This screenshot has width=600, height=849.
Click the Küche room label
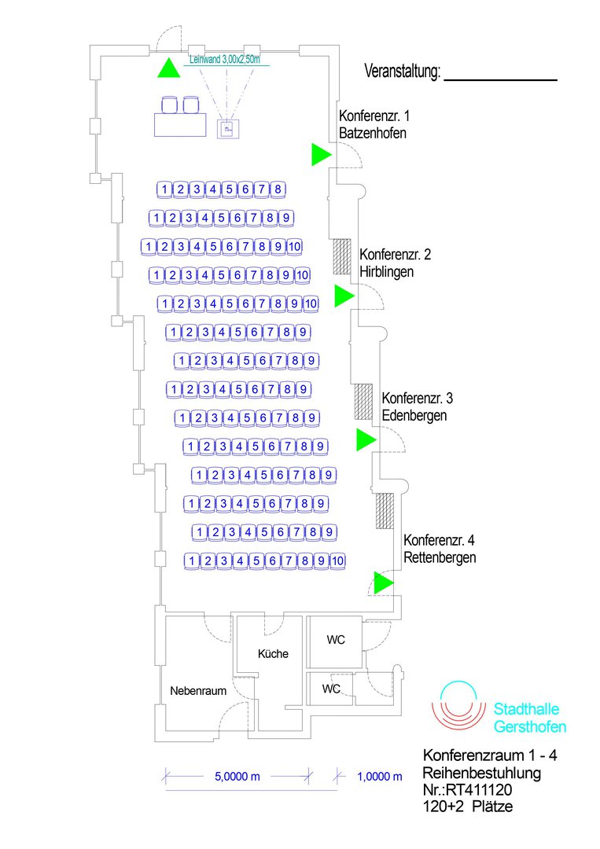273,653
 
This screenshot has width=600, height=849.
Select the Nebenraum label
198,691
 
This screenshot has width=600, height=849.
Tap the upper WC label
336,640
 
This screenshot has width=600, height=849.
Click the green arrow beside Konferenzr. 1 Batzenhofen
319,155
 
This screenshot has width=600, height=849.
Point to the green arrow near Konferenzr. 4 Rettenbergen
382,583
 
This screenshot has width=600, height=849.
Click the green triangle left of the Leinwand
167,68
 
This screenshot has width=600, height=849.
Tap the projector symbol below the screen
227,129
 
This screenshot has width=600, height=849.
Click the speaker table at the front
180,124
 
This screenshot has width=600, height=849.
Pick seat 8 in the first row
278,189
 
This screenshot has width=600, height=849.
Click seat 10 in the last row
337,560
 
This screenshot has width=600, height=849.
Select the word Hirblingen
386,272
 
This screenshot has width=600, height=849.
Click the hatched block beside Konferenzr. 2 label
341,256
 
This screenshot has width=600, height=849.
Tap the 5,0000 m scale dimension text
237,777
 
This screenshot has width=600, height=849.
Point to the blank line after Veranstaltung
500,79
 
